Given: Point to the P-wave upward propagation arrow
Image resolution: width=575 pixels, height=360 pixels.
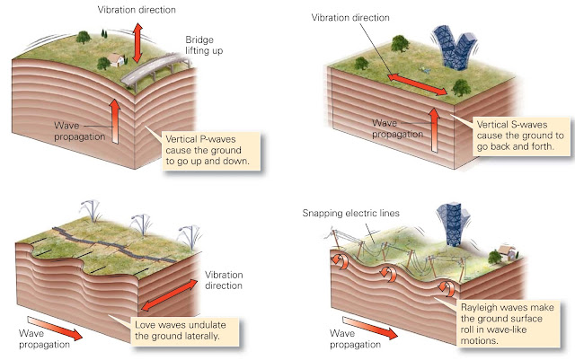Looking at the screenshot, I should [114, 122].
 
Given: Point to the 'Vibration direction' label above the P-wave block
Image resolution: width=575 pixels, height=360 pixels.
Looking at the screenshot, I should [137, 8].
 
